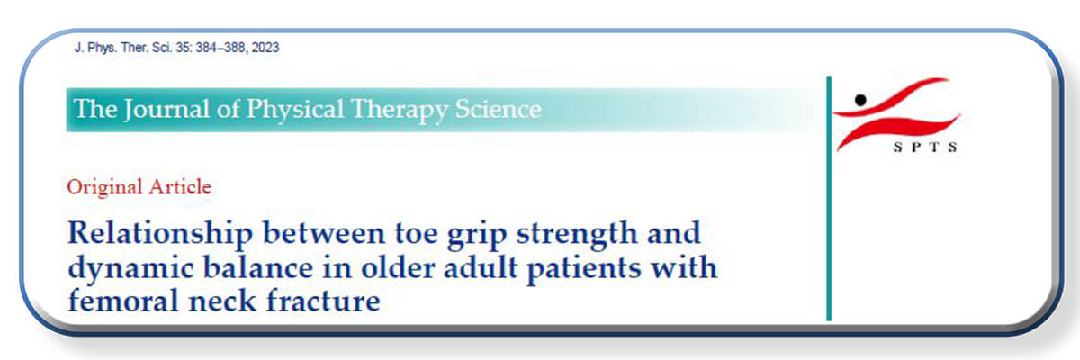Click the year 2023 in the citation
265,48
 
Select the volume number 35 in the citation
184,48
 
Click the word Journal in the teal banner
166,110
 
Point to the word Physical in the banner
295,110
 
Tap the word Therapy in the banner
400,110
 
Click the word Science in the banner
499,109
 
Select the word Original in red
104,187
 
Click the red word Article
180,186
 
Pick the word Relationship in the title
160,234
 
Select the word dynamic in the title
130,269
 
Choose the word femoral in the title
123,301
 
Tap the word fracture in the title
323,301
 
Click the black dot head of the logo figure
860,100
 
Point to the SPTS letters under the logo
925,148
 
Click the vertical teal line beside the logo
829,199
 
